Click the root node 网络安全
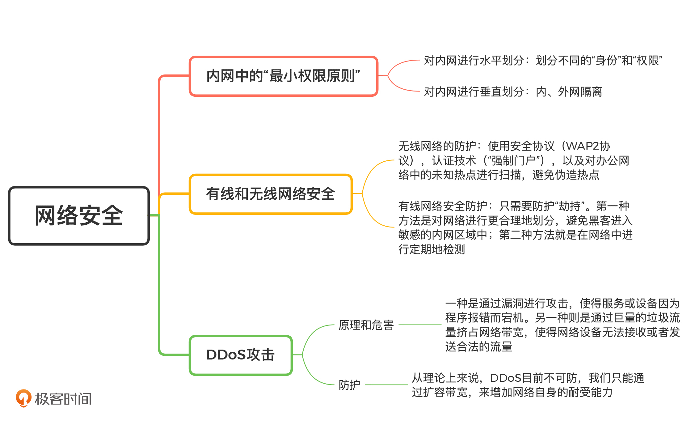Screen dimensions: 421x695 [79, 216]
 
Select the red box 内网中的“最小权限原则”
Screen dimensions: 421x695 [283, 76]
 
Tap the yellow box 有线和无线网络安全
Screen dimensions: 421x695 [271, 194]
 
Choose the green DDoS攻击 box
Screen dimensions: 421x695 [241, 355]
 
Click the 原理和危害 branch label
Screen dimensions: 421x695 [366, 325]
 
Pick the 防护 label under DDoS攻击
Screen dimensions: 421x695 [349, 385]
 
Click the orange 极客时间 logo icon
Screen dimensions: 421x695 [23, 398]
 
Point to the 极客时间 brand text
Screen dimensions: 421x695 [63, 399]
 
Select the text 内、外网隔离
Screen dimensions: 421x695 [569, 92]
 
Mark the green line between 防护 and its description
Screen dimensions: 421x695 [386, 385]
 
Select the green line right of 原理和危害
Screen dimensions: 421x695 [420, 325]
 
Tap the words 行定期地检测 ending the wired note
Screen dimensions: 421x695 [432, 249]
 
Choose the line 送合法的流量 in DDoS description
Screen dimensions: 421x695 [478, 347]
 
